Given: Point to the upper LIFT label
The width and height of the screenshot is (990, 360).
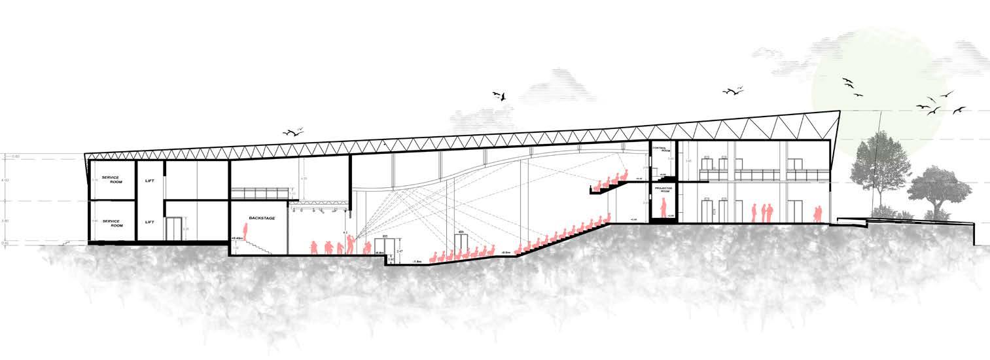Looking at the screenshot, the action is click(150, 181).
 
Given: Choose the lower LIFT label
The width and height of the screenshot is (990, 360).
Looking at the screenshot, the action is click(150, 223).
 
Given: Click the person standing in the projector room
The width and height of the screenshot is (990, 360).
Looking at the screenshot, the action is click(662, 208).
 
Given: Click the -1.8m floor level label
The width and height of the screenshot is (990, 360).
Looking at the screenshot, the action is click(417, 262).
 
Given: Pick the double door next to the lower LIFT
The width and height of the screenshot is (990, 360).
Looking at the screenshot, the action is click(173, 229).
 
